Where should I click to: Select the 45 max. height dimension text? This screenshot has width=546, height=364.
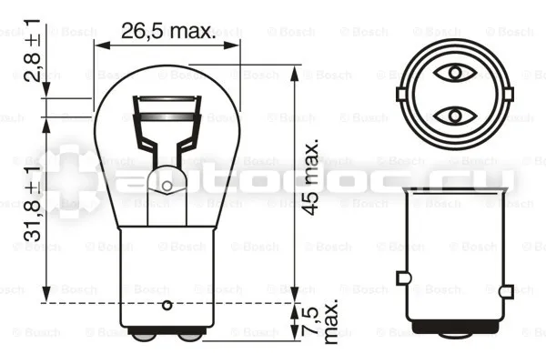point(309,177)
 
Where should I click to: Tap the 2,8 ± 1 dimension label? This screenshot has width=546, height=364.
point(33,51)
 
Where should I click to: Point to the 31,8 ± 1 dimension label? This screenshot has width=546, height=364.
point(33,204)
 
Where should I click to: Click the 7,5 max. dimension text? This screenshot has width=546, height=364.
point(319,322)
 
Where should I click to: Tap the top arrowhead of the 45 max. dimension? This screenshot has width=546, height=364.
point(295,75)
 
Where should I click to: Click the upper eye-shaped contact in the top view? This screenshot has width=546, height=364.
point(455,73)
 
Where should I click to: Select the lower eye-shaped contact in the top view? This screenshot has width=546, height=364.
point(455,116)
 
